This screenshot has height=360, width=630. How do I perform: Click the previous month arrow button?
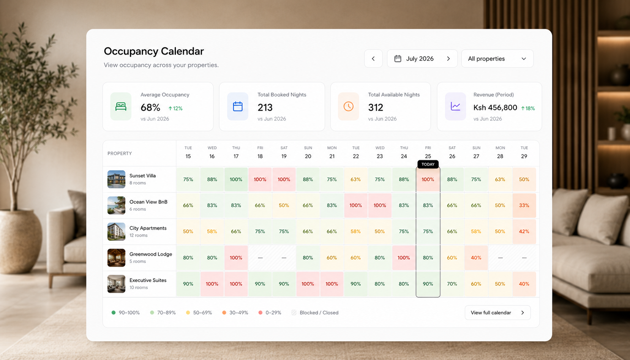point(373,58)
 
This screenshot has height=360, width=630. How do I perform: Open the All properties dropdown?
point(497,58)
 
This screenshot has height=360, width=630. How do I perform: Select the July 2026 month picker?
point(422,58)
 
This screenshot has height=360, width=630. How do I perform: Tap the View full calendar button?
point(497,313)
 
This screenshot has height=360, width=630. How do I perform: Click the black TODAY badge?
point(428,164)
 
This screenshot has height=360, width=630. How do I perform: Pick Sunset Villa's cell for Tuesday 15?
point(188,180)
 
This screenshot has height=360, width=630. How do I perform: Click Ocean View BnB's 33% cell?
point(524,205)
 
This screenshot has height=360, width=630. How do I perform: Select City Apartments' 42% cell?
point(524,232)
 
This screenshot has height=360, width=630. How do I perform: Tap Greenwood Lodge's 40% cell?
point(476,257)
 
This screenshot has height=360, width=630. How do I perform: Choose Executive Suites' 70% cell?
point(452,284)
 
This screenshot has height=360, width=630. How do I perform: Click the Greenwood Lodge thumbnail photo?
point(116,257)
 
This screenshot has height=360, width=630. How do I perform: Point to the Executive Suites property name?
point(148,280)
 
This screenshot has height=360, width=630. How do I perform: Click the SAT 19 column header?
point(284,152)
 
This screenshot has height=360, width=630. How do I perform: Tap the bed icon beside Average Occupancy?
point(121,106)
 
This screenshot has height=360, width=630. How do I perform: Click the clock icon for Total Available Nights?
point(349,106)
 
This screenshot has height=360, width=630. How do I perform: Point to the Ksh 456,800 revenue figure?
point(495,107)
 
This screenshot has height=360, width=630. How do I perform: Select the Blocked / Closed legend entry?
point(315,313)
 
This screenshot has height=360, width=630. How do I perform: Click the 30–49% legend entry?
point(235,313)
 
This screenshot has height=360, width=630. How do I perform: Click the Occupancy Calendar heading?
point(154,51)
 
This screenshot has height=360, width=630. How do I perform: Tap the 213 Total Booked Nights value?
point(265,107)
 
